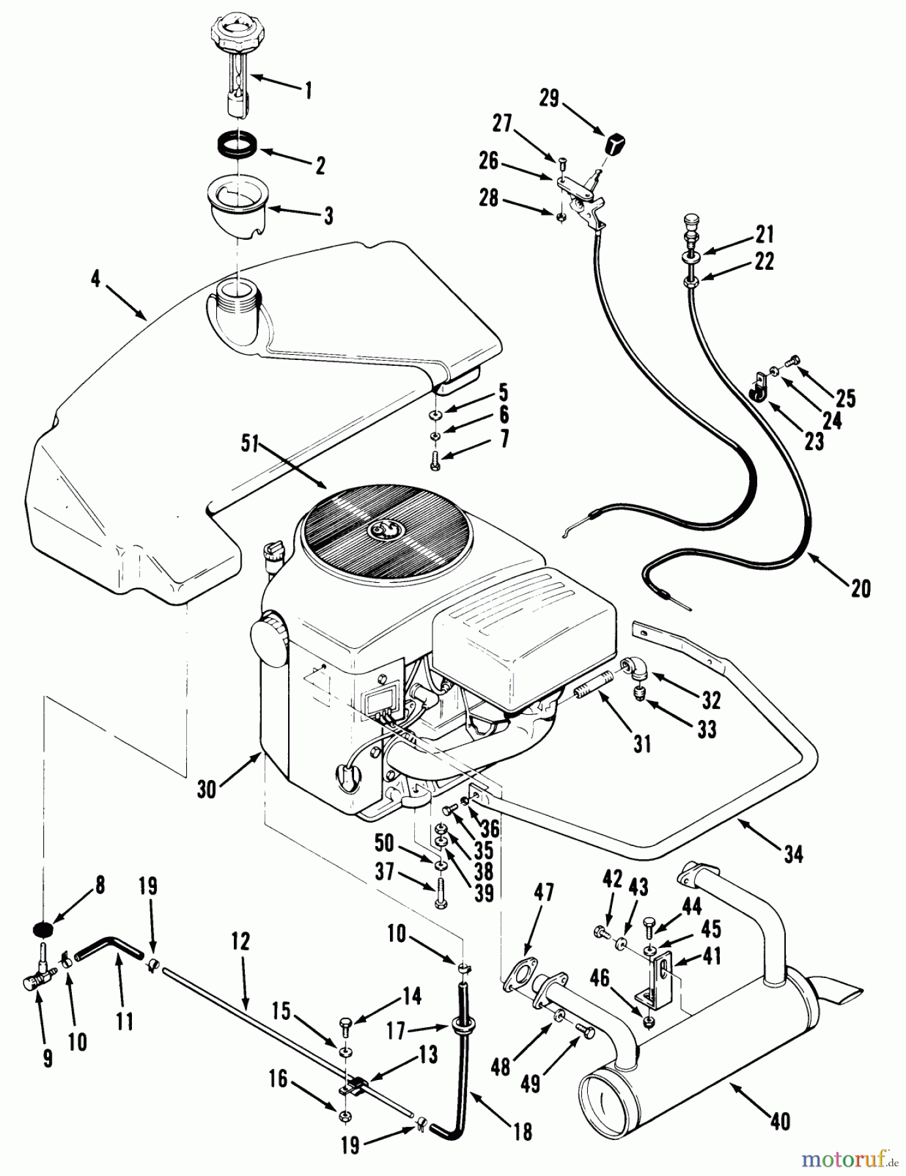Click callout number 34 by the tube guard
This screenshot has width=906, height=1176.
click(793, 854)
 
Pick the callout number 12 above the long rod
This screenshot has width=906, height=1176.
click(240, 941)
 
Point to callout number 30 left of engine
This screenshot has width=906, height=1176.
click(206, 789)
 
